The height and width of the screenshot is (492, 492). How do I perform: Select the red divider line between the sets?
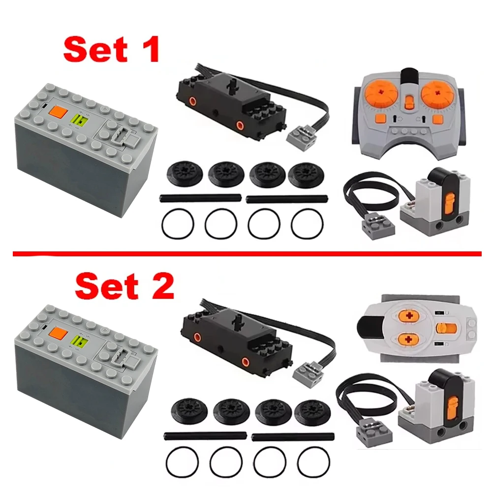pos(246,254)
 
